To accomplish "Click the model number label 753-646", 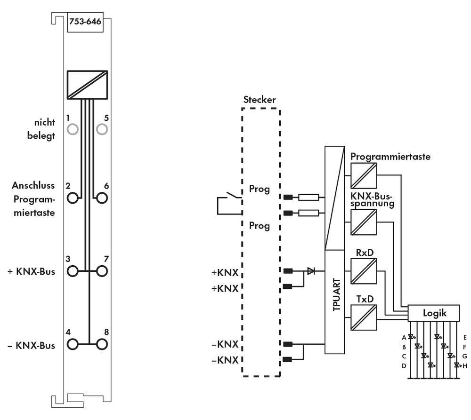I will point(85,22).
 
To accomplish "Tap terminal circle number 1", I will point(73,129).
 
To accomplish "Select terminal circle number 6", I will point(102,198).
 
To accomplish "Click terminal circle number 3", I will point(73,271).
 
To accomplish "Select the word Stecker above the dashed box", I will point(260,100).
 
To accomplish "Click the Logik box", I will point(433,313).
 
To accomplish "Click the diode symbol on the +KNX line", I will point(311,271).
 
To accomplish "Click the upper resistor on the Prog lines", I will point(309,197).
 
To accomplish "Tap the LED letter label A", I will point(404,337).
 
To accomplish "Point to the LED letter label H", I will point(464,365).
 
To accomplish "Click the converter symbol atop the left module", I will point(87,85).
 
